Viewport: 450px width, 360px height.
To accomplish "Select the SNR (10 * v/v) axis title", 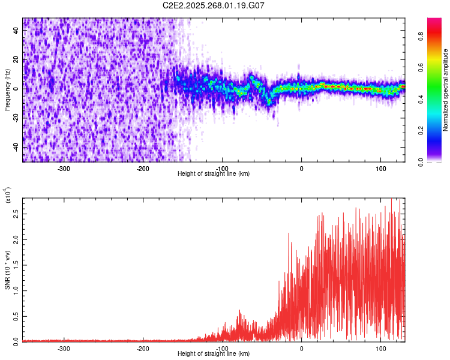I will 7,269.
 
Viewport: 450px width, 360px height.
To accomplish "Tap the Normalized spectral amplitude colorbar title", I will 446,90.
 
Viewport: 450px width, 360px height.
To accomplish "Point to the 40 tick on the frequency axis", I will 16,29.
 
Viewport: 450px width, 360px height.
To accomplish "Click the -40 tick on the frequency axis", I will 16,147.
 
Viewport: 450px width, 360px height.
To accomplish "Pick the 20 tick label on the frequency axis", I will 16,59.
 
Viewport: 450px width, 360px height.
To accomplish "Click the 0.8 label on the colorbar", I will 439,36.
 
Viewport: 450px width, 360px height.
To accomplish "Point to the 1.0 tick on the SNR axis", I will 16,290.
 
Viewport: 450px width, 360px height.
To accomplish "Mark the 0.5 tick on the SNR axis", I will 16,316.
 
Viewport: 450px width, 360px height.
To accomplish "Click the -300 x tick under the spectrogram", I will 64,168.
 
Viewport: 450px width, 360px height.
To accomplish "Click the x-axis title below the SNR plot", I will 214,354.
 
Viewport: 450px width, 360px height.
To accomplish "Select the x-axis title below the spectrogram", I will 214,174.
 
